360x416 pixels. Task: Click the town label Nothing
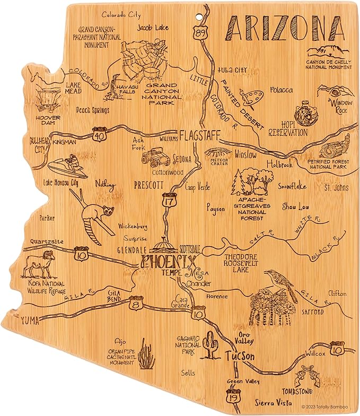pyautogui.click(x=105, y=184)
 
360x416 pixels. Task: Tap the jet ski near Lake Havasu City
pyautogui.click(x=66, y=166)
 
